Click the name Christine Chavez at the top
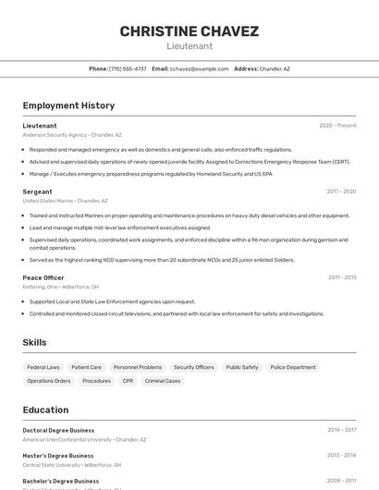(x=189, y=31)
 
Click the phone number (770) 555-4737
(x=128, y=68)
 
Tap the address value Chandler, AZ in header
(x=275, y=68)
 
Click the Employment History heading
(x=68, y=105)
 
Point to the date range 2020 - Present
(x=337, y=126)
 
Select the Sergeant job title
(x=37, y=191)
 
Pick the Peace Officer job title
(x=43, y=277)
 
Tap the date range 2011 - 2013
(x=341, y=277)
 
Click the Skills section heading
(x=34, y=342)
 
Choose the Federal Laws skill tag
(x=43, y=367)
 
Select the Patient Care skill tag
(x=86, y=367)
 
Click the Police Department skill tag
(x=293, y=367)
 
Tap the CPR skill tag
(x=128, y=381)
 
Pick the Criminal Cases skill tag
(x=163, y=381)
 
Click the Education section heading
(x=45, y=410)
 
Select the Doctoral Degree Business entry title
(x=58, y=430)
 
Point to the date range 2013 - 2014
(x=341, y=456)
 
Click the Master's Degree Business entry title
(x=58, y=456)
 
